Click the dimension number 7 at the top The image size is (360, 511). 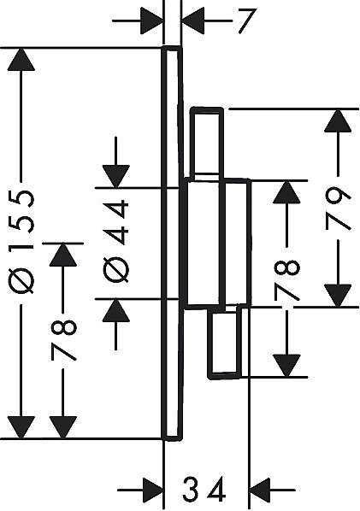click(x=247, y=21)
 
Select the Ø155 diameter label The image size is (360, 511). click(x=21, y=242)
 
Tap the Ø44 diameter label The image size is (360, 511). click(x=116, y=241)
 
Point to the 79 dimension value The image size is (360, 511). click(x=338, y=209)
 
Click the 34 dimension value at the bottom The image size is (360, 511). click(x=204, y=489)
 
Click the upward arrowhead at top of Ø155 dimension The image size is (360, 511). click(x=21, y=59)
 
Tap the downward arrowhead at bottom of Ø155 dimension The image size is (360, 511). click(x=21, y=427)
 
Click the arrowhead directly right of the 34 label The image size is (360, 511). click(x=260, y=490)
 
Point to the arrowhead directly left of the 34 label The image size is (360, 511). click(x=152, y=490)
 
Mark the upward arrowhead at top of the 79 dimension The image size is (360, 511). click(x=338, y=120)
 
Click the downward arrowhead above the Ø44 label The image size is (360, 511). click(x=116, y=177)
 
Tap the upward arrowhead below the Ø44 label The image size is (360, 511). click(x=116, y=310)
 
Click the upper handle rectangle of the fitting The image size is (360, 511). click(x=207, y=144)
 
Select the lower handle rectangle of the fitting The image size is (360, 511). click(x=225, y=342)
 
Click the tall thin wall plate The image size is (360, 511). click(x=172, y=244)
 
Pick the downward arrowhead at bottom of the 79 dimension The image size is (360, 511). click(x=338, y=296)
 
